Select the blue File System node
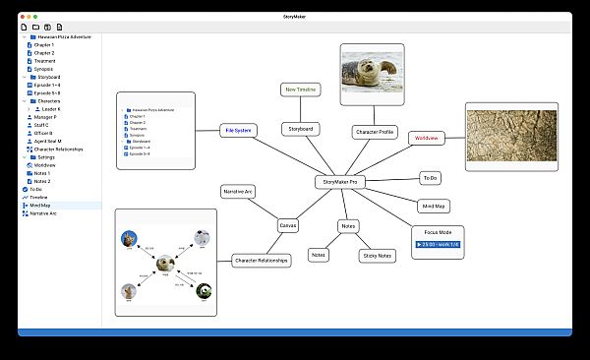coord(239,129)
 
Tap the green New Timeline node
coord(301,90)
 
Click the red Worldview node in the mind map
coord(426,139)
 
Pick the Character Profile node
coord(373,131)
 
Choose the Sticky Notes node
coord(377,256)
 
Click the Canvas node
coord(288,224)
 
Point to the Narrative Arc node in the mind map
coord(237,191)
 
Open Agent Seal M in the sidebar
coord(48,141)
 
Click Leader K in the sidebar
coord(45,108)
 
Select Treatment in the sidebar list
coord(45,61)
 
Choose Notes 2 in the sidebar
coord(42,181)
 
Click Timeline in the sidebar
coord(38,197)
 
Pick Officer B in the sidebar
coord(45,133)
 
